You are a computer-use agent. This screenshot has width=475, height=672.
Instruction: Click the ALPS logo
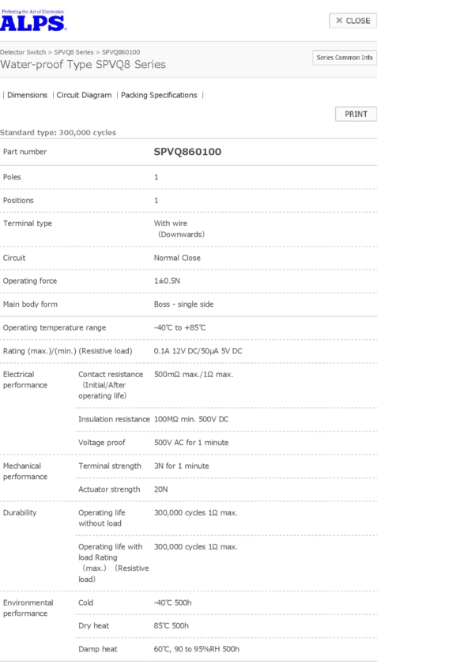(x=34, y=21)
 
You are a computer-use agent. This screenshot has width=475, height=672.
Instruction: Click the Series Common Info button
(x=345, y=58)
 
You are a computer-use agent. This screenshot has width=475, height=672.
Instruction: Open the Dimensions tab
(x=27, y=95)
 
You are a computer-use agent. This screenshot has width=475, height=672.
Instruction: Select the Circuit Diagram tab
(x=84, y=95)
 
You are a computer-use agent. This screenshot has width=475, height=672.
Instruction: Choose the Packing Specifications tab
(x=159, y=95)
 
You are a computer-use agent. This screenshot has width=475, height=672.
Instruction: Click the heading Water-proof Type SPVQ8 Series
(x=83, y=65)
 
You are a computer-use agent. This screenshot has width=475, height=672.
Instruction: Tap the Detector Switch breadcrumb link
(x=23, y=52)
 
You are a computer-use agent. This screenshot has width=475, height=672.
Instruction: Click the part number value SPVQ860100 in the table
(x=187, y=151)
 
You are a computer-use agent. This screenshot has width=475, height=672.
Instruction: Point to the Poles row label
(x=13, y=177)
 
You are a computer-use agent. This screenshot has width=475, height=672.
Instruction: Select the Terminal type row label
(x=28, y=224)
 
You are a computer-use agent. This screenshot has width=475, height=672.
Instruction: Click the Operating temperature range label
(x=55, y=327)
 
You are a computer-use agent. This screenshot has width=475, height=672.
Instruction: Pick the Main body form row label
(x=30, y=304)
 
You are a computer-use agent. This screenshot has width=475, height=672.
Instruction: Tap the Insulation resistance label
(x=114, y=419)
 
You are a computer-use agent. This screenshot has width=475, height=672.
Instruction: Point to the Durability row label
(x=21, y=512)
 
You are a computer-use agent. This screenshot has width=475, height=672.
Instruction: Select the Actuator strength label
(x=109, y=489)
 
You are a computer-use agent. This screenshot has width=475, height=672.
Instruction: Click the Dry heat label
(x=93, y=625)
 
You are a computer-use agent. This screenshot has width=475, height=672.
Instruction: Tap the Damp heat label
(x=97, y=649)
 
